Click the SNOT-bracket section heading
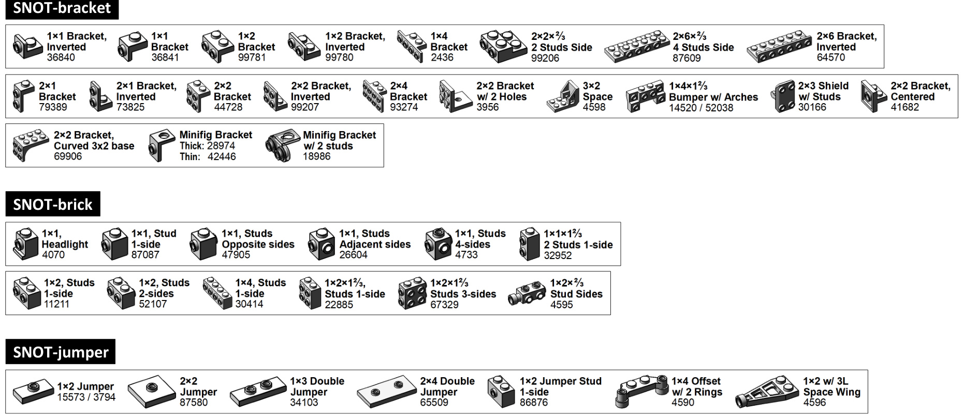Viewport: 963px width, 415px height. click(x=62, y=9)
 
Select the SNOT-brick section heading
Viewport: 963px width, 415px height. click(x=52, y=204)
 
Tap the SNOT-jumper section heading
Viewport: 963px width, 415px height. click(x=61, y=352)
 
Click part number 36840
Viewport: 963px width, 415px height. click(x=61, y=58)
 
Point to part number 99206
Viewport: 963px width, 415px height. click(x=545, y=58)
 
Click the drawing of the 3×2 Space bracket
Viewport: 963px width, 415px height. click(x=562, y=97)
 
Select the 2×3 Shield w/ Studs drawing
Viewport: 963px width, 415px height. click(x=784, y=96)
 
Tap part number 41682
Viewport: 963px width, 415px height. click(x=904, y=107)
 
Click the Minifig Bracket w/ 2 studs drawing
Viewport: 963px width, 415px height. click(x=282, y=146)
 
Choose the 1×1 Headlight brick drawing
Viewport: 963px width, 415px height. click(x=25, y=244)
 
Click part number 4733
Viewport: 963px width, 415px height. click(x=466, y=255)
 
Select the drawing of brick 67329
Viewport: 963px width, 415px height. click(x=412, y=294)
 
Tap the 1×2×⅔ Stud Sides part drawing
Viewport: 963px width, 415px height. click(x=527, y=294)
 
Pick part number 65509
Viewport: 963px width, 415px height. click(x=434, y=403)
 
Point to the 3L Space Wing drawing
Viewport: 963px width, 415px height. click(x=766, y=392)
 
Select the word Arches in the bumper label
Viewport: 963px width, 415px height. click(x=741, y=97)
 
